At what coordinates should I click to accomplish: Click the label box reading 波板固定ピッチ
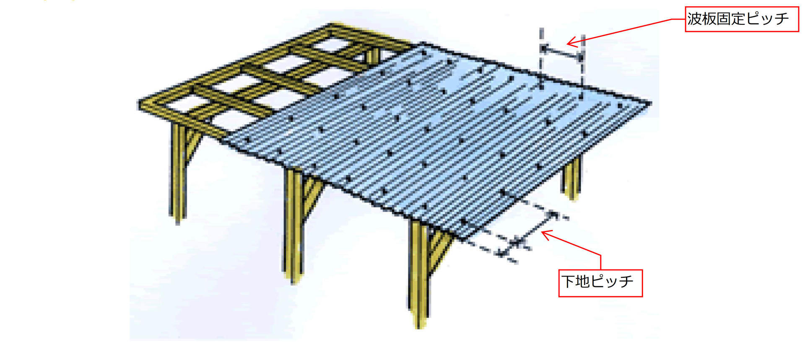pos(742,19)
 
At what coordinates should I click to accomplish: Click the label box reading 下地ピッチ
pos(600,283)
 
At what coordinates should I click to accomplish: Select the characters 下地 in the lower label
pos(576,281)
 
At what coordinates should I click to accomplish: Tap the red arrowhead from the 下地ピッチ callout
pos(547,234)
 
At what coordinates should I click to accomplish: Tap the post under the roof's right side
pos(572,178)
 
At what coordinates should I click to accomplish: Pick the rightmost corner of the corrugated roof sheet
pos(650,103)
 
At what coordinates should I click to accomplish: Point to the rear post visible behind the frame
pos(373,56)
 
